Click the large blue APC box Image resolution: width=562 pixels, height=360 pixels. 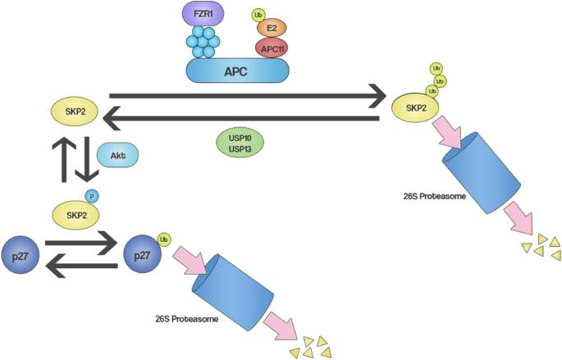click(237, 71)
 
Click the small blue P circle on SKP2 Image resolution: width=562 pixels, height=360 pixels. click(92, 196)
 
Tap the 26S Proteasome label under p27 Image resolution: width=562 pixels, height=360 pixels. click(186, 319)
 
